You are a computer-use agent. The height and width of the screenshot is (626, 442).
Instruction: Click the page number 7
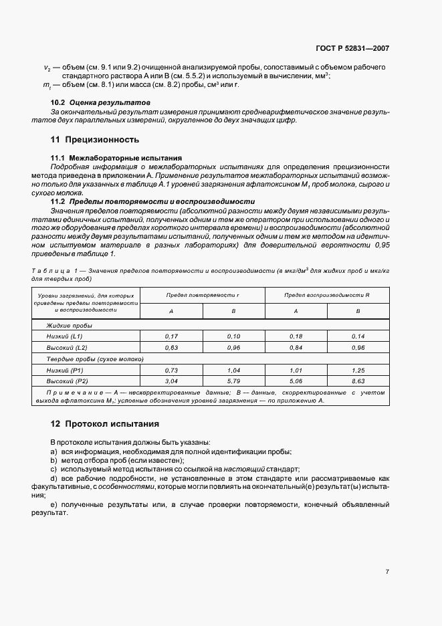(387, 571)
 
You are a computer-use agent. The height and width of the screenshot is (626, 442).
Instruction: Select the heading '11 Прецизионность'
(95, 140)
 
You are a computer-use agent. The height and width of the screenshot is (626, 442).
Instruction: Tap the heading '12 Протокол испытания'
(105, 424)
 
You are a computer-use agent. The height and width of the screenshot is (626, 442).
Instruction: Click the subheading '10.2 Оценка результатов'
(100, 102)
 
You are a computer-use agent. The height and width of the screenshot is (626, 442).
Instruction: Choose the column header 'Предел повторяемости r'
(203, 295)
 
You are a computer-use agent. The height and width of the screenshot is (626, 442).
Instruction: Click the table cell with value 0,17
(171, 336)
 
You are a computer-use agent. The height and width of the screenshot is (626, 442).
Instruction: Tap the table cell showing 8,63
(358, 381)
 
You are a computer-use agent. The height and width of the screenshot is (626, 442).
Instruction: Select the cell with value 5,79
(233, 381)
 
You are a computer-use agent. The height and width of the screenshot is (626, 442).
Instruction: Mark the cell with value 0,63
(171, 348)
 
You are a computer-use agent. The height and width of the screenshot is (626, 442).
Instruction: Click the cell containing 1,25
(358, 369)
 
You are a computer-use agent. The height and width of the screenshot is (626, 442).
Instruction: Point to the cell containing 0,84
(296, 348)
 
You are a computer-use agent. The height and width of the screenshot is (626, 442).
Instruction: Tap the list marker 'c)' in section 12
(53, 469)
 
